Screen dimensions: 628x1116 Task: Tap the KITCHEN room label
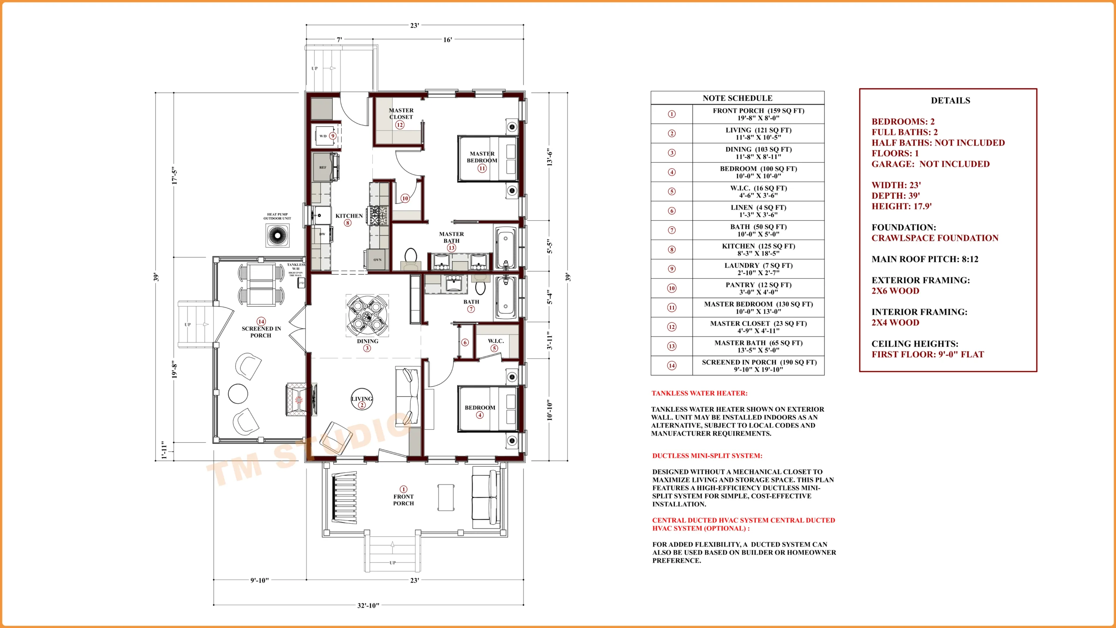point(349,216)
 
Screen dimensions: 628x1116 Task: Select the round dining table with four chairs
point(367,315)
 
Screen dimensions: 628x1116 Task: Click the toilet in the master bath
point(411,257)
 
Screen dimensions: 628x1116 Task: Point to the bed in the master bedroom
point(487,159)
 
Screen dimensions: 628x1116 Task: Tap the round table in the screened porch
point(238,393)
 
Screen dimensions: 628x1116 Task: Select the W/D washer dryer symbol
point(323,136)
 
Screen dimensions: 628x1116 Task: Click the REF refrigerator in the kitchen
point(323,167)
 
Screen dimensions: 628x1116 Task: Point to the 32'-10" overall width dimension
point(368,605)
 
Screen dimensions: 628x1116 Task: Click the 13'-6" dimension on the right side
point(550,157)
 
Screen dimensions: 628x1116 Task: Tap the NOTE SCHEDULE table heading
point(737,98)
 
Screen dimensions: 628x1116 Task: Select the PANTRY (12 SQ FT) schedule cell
point(758,288)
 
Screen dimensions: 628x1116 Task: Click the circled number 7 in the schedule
point(672,230)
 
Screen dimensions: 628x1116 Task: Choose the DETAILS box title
point(950,101)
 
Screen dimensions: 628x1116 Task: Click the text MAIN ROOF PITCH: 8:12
point(925,259)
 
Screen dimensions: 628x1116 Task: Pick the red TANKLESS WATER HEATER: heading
point(699,393)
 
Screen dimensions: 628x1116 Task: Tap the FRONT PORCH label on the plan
point(403,500)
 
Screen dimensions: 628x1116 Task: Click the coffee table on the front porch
point(446,497)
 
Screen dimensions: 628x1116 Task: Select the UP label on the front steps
point(392,563)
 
